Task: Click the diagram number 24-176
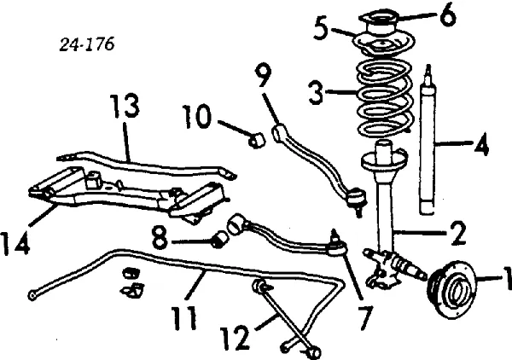(x=87, y=43)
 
